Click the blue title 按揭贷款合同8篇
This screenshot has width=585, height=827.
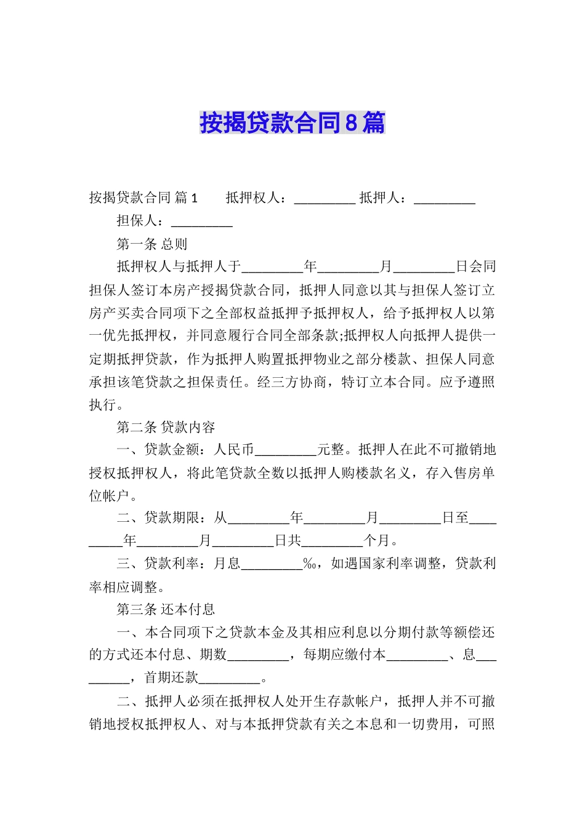[292, 123]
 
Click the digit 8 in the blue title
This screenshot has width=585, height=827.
[351, 123]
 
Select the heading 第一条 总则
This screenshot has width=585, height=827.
[151, 244]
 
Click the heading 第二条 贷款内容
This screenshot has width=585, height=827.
[166, 427]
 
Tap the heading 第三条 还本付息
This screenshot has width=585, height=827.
[166, 610]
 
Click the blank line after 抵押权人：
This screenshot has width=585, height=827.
[325, 198]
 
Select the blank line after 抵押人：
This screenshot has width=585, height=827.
[444, 198]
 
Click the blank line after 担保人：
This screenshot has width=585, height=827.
[201, 222]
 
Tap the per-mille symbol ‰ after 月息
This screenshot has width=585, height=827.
[309, 564]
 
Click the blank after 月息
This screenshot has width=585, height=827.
[272, 564]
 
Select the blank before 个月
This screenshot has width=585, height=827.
[332, 541]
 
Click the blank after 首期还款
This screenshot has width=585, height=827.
[230, 679]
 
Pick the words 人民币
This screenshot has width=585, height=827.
[233, 450]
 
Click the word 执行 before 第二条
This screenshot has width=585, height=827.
[103, 405]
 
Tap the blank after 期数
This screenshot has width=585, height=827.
[258, 655]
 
